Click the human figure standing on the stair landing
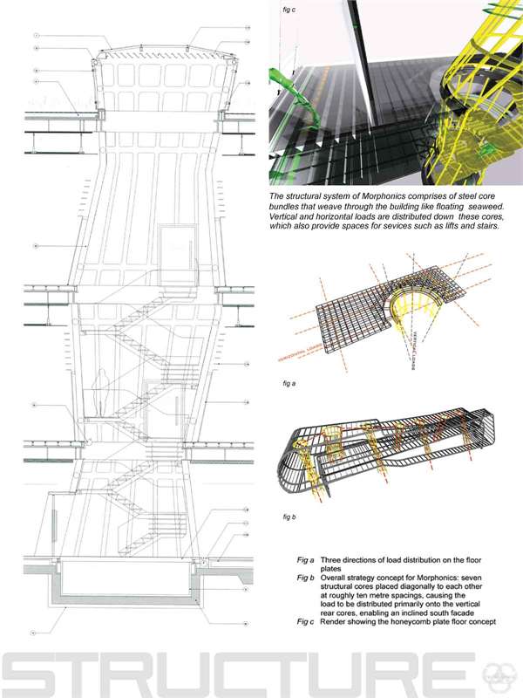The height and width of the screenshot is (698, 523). [x=104, y=393]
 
